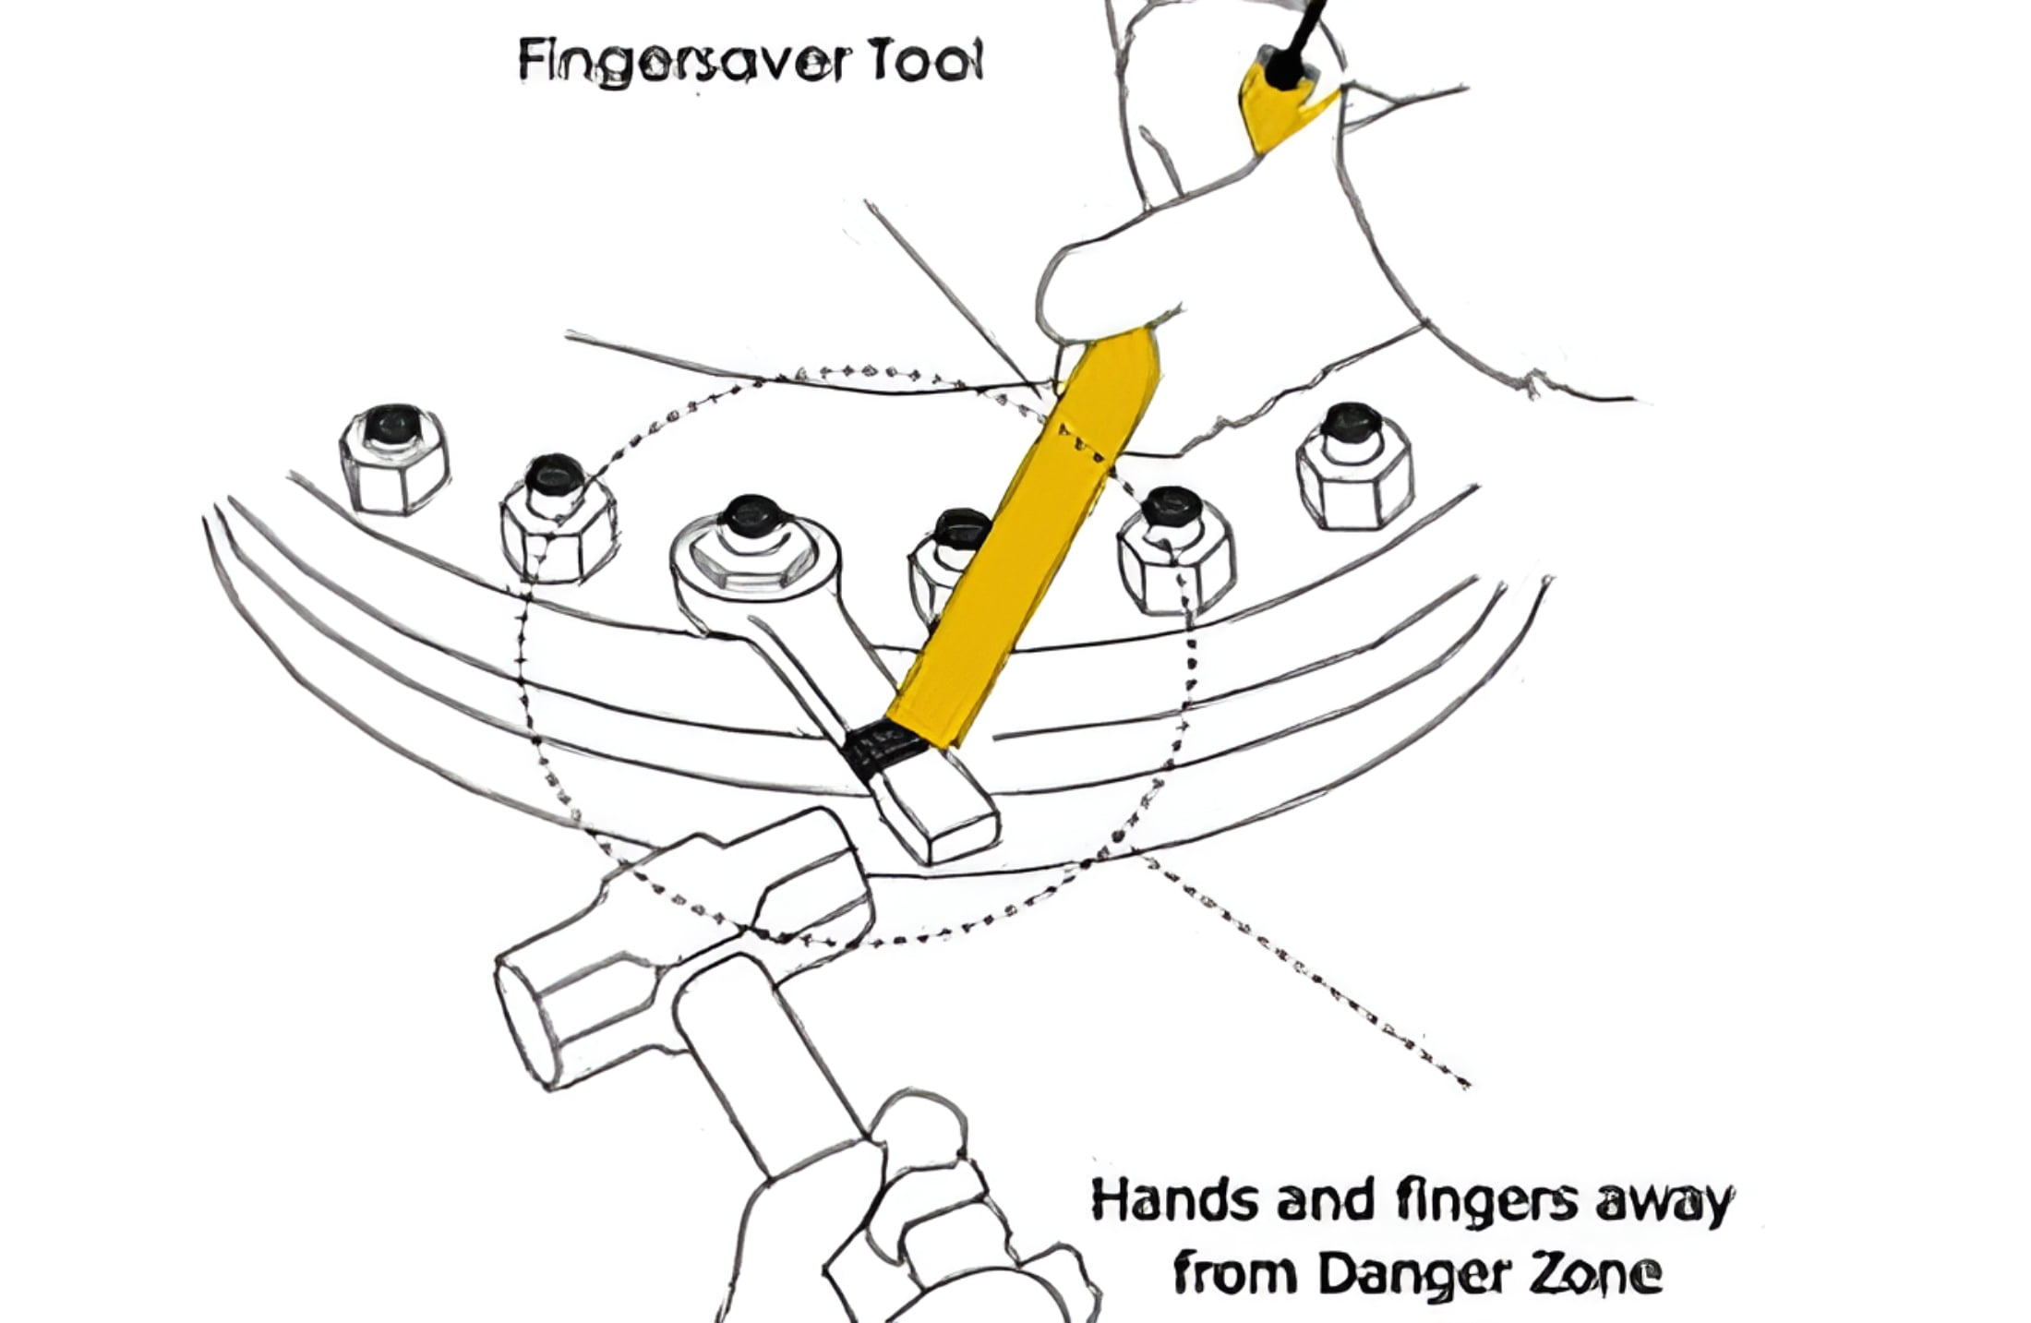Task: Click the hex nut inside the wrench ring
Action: [x=752, y=548]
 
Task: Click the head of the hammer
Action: [x=683, y=932]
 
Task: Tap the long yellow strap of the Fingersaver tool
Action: [x=1025, y=535]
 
